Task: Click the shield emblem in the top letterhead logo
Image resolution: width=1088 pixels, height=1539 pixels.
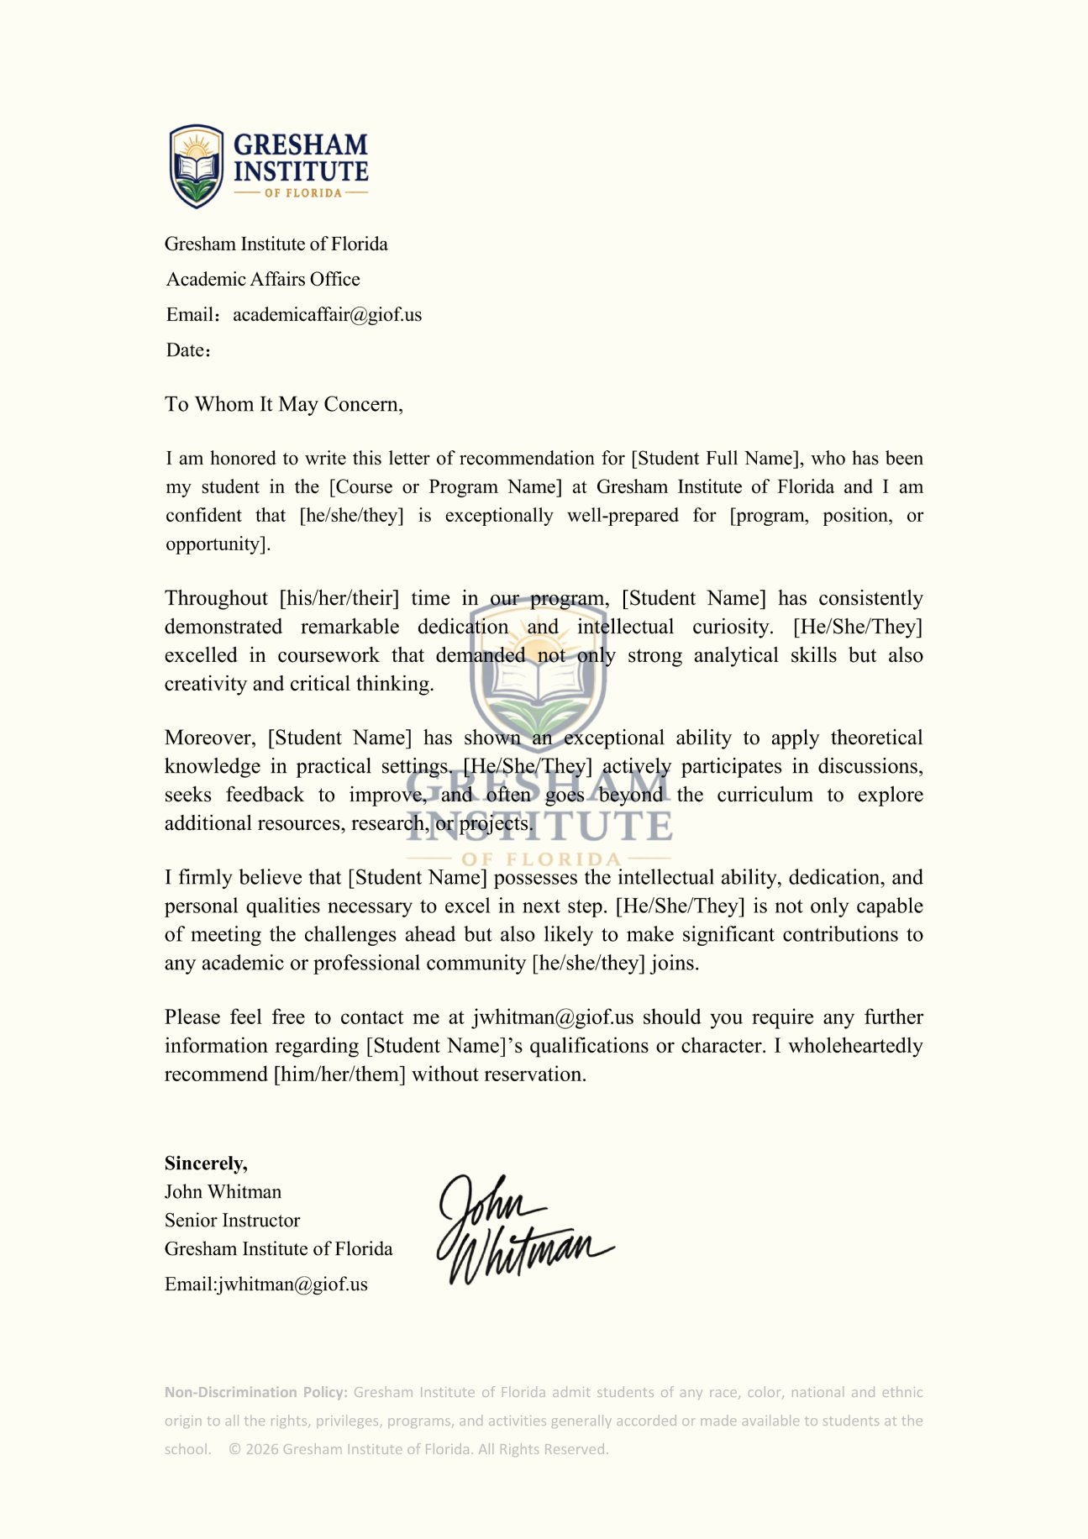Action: click(x=197, y=166)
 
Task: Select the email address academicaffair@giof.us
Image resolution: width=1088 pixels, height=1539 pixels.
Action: click(x=327, y=315)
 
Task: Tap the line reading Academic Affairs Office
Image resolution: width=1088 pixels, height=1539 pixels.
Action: click(x=263, y=280)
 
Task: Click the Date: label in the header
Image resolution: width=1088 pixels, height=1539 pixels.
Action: click(x=187, y=350)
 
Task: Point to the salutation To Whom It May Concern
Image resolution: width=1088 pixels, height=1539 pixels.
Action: click(x=284, y=405)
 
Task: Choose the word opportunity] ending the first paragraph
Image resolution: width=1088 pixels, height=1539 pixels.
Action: click(x=218, y=544)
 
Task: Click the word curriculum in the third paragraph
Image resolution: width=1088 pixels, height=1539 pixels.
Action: click(x=765, y=795)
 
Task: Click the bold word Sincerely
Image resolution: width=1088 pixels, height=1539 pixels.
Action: click(x=206, y=1163)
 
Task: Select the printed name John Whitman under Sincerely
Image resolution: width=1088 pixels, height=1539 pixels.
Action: click(x=223, y=1192)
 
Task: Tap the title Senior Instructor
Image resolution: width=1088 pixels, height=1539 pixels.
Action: click(x=232, y=1221)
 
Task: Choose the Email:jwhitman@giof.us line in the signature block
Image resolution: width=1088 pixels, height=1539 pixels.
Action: click(x=265, y=1284)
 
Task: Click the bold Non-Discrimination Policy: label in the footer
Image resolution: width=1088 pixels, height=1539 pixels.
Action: click(x=255, y=1392)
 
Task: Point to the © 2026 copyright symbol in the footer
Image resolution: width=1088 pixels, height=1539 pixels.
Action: click(x=235, y=1449)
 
